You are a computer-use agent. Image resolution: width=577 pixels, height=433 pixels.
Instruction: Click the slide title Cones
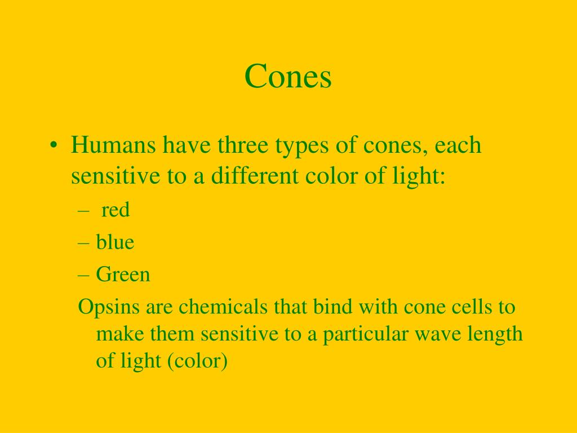click(x=288, y=77)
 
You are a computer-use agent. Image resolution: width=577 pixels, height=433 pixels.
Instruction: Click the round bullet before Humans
click(x=53, y=146)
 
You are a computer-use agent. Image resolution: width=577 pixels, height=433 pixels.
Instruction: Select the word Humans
click(x=113, y=145)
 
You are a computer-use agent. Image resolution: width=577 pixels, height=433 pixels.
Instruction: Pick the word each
click(x=458, y=145)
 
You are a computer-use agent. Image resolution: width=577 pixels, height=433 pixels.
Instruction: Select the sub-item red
click(x=116, y=210)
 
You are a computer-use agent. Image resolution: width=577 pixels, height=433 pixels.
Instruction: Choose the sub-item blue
click(x=115, y=242)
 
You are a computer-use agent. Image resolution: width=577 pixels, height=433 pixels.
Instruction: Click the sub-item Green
click(x=123, y=275)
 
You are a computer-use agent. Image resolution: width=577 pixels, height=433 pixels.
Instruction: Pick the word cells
click(x=472, y=307)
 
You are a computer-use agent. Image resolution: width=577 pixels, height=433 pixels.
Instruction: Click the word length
click(x=496, y=334)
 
